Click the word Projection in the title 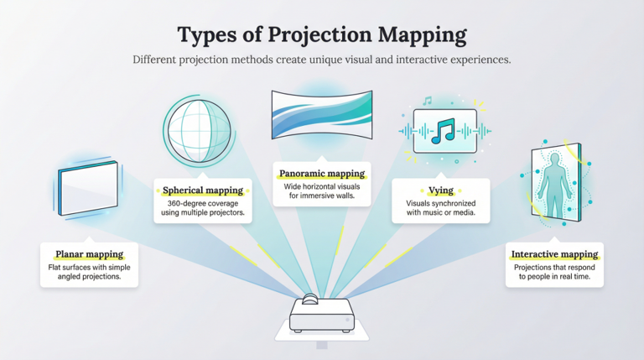click(x=330, y=36)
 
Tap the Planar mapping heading click(x=89, y=254)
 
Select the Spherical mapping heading click(x=203, y=190)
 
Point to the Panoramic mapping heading click(x=322, y=174)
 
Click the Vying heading click(x=440, y=190)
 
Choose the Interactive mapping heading click(x=554, y=254)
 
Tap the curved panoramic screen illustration click(x=322, y=112)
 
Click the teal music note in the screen click(x=444, y=131)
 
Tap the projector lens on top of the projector click(x=310, y=299)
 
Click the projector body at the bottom click(x=322, y=317)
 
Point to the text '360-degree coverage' click(x=202, y=204)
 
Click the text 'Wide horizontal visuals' click(x=322, y=187)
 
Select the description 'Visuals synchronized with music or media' click(x=440, y=208)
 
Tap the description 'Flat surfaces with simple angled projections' click(x=89, y=272)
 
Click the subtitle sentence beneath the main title click(x=322, y=60)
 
